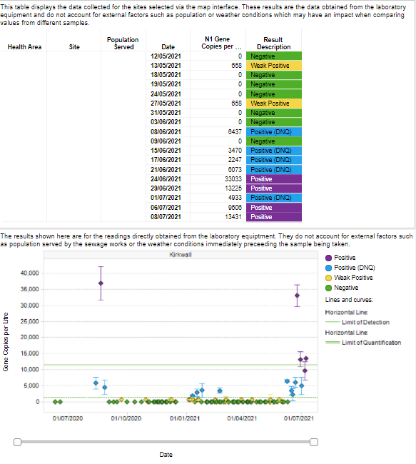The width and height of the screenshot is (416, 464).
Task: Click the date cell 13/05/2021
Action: (166, 66)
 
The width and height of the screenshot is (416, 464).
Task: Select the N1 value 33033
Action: (233, 179)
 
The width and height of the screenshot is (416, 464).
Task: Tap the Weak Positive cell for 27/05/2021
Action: (274, 104)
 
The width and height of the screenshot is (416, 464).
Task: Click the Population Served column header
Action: (123, 44)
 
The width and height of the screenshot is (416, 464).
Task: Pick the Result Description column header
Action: (274, 44)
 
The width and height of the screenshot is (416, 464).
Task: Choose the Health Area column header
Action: (24, 46)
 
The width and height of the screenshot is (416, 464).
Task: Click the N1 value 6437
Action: (235, 131)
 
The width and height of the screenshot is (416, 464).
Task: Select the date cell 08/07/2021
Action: (166, 217)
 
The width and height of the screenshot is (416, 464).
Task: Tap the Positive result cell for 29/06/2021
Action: (274, 188)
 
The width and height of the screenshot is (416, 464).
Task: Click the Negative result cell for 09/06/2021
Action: (274, 141)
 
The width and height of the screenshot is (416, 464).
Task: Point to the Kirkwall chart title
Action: (181, 255)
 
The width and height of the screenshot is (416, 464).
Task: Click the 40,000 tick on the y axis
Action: (29, 273)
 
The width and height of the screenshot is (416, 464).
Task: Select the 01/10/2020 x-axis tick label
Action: (126, 418)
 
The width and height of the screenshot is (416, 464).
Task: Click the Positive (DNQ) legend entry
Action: (350, 268)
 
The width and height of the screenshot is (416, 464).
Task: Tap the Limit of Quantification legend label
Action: (371, 343)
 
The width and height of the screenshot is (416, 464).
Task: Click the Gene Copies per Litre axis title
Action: (6, 342)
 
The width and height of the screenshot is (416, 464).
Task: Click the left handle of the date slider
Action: (17, 442)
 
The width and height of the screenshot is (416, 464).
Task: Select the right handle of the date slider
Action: (314, 442)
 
